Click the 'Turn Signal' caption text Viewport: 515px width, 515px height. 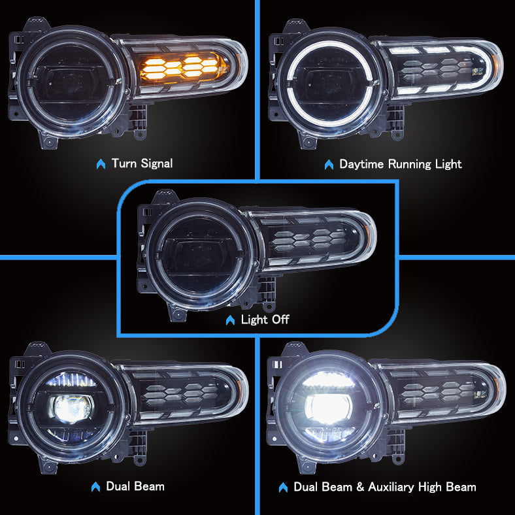142,163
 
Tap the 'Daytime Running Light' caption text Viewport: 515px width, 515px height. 400,163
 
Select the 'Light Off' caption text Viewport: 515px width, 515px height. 265,320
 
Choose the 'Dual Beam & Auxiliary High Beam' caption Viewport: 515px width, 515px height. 384,487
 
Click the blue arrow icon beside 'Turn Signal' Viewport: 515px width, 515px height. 101,164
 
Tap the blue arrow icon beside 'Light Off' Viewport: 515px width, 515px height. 229,320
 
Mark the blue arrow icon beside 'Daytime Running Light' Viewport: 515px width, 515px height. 329,164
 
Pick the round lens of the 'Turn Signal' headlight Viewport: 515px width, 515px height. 69,81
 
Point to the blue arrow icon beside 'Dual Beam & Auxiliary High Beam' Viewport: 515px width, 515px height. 284,488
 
